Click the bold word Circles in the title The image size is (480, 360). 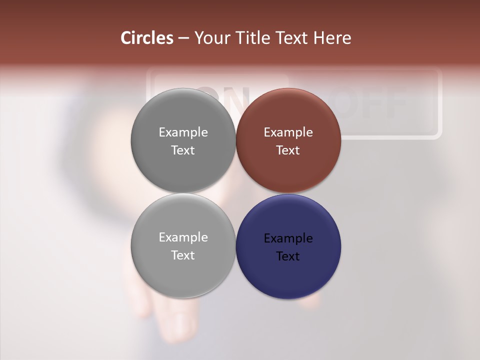(147, 38)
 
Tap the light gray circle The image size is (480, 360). (183, 275)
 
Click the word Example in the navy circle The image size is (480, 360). (288, 238)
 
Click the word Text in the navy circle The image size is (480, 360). (288, 256)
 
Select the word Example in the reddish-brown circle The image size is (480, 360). (288, 132)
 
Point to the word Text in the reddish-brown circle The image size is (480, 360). (288, 150)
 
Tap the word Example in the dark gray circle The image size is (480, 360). (183, 132)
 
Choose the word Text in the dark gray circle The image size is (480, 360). (183, 150)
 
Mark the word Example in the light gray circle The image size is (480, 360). (183, 237)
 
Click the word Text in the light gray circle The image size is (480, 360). (183, 255)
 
